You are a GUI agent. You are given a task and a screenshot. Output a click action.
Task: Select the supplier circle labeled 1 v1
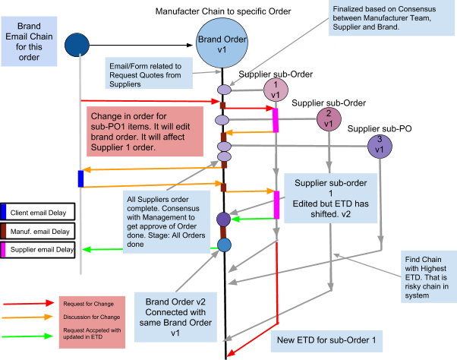point(276,90)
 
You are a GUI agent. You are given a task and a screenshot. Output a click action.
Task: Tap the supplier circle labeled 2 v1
point(329,118)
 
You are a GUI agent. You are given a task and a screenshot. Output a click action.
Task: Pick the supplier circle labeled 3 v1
point(378,145)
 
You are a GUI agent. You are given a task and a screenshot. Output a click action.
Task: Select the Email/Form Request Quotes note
point(149,74)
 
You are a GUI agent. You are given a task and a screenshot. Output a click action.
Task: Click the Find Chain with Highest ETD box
point(428,278)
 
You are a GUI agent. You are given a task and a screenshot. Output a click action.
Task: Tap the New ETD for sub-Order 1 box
point(326,338)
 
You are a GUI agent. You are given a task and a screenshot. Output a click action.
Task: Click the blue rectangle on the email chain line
point(80,178)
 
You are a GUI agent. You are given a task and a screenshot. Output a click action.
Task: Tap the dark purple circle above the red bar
point(223,219)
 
